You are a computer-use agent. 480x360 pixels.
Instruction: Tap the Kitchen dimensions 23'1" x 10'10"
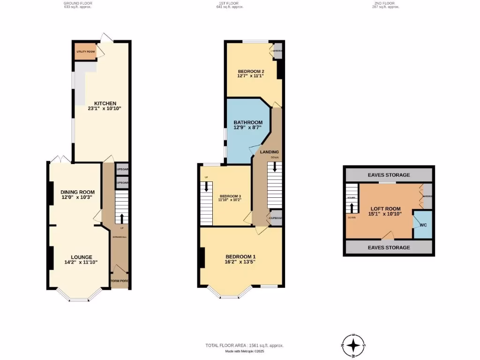(105, 109)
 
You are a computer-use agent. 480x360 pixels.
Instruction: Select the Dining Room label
(77, 192)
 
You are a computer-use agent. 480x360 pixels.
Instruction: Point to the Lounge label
(81, 257)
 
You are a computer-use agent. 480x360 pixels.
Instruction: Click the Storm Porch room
(120, 281)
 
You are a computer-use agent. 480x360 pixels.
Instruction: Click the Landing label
(270, 152)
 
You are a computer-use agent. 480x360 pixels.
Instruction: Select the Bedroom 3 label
(230, 196)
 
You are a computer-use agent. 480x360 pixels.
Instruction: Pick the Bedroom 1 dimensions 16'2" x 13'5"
(240, 262)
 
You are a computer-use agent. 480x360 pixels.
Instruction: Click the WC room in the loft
(423, 225)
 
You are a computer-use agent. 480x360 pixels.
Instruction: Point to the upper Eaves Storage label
(389, 175)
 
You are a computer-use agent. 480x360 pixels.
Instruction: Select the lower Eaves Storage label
(389, 247)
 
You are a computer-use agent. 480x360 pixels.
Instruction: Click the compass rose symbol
(354, 346)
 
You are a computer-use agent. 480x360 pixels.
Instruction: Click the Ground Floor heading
(78, 3)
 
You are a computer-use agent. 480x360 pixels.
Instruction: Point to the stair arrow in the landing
(275, 166)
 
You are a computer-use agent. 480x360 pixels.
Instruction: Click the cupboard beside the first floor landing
(276, 218)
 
